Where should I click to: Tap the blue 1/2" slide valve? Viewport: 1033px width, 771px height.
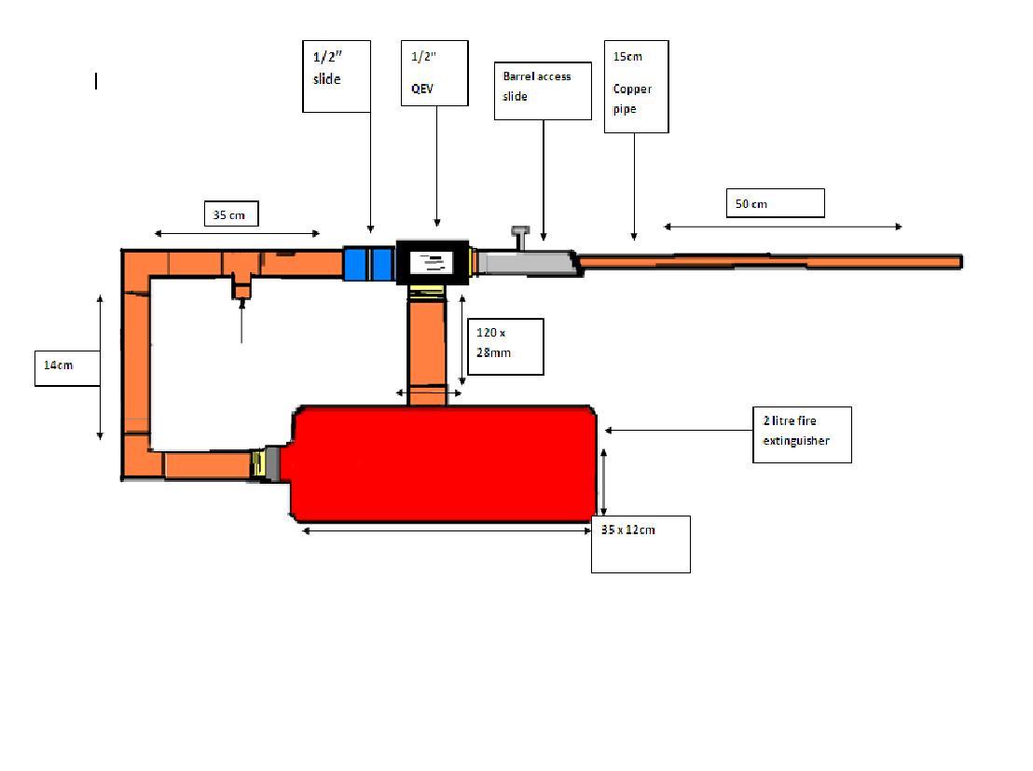tap(367, 263)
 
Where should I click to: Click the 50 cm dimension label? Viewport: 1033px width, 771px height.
tap(775, 203)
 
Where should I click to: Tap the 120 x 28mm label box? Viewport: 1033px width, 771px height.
tap(503, 347)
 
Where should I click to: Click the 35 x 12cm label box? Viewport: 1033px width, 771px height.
tap(640, 544)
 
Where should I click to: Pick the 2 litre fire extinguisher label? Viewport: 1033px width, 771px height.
tap(802, 434)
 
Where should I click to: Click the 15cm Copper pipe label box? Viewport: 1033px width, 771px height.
tap(636, 86)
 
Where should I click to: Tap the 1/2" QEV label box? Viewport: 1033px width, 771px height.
tap(434, 73)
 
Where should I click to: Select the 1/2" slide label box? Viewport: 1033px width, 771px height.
tap(337, 76)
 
